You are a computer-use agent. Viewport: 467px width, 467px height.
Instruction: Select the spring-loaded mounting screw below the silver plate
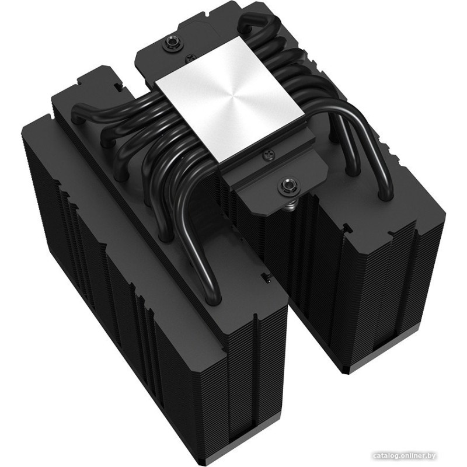point(285,186)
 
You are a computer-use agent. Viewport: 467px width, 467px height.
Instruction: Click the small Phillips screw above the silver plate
point(189,56)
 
